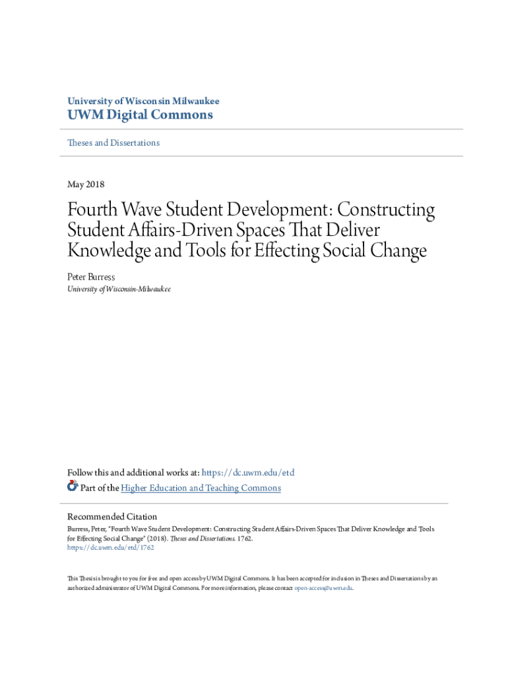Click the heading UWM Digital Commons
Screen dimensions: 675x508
click(x=140, y=115)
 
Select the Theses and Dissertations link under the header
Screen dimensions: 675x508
click(x=113, y=143)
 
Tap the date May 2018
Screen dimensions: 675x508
click(x=86, y=185)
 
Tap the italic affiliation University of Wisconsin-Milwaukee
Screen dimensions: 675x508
click(x=119, y=289)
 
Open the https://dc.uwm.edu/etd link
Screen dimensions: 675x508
click(x=247, y=473)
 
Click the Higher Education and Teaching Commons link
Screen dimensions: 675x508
click(x=201, y=488)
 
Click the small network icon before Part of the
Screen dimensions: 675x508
click(x=73, y=486)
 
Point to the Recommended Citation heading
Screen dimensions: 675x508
click(x=112, y=517)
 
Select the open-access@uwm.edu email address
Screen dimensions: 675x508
click(x=323, y=587)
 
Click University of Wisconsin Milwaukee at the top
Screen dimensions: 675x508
click(x=143, y=102)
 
